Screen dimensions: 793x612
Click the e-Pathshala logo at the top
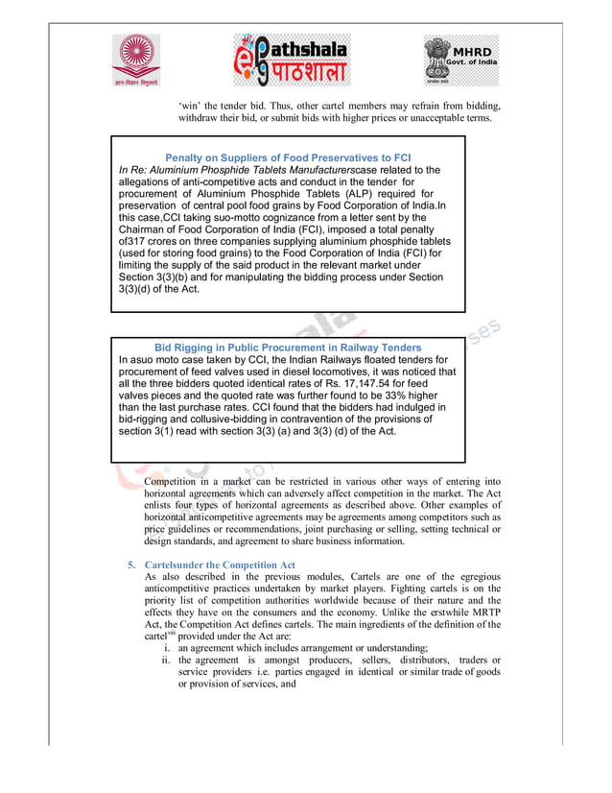(293, 60)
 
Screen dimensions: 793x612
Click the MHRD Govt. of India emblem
(461, 60)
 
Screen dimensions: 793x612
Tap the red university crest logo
(137, 60)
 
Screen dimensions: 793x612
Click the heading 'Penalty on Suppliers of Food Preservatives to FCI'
(288, 157)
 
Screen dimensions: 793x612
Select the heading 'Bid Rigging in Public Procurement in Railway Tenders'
(287, 348)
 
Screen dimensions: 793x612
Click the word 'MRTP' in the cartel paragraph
(483, 612)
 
